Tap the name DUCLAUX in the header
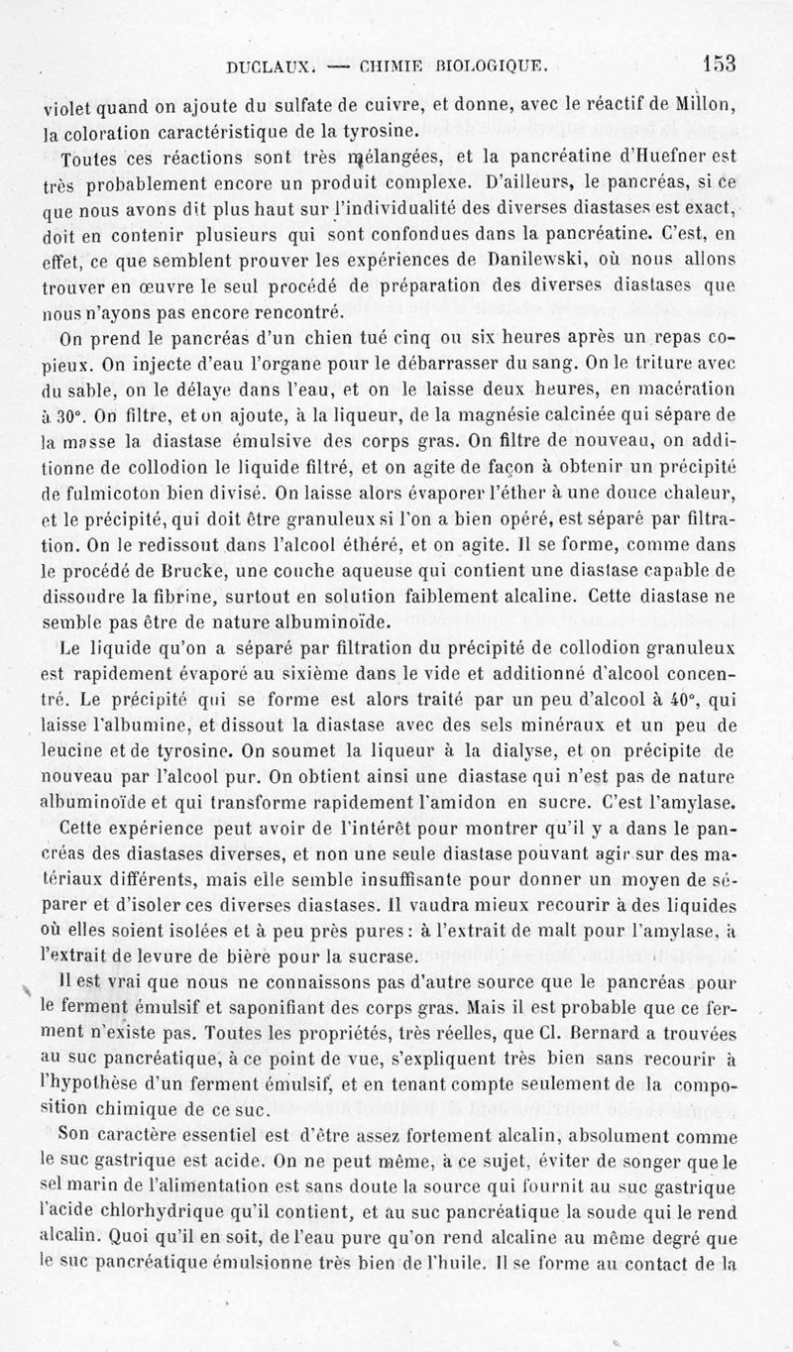coord(256,68)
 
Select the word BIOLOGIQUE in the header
coord(492,68)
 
